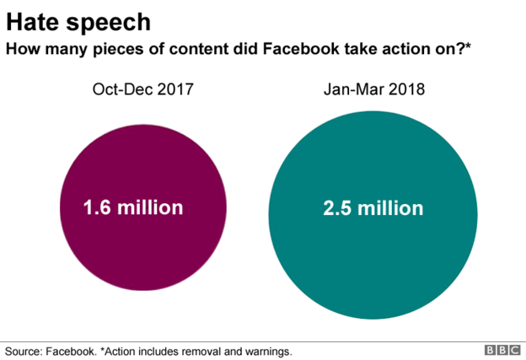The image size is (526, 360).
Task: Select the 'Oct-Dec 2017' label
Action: (142, 89)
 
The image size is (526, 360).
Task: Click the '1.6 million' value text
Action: (132, 207)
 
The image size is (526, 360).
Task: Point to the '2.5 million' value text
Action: (373, 207)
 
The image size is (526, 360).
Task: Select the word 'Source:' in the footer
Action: (25, 350)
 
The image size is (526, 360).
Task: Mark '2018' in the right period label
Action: (407, 89)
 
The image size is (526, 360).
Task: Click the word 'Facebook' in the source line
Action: (72, 350)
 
